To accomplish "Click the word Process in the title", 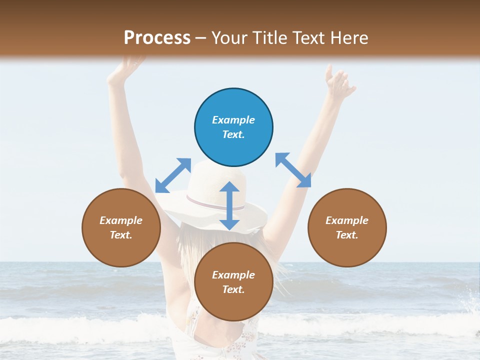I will point(157,38).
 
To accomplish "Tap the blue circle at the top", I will point(233,127).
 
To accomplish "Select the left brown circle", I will point(121,227).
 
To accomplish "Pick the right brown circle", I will point(347,227).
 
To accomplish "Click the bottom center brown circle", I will point(233,282).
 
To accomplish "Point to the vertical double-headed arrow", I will point(229,205).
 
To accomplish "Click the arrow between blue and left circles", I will point(173,175).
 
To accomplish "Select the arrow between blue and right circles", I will point(293,170).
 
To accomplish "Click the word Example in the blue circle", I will point(233,120).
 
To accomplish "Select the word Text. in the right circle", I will point(347,235).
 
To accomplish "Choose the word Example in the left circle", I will point(121,220).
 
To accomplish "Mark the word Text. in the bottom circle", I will point(233,289).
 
